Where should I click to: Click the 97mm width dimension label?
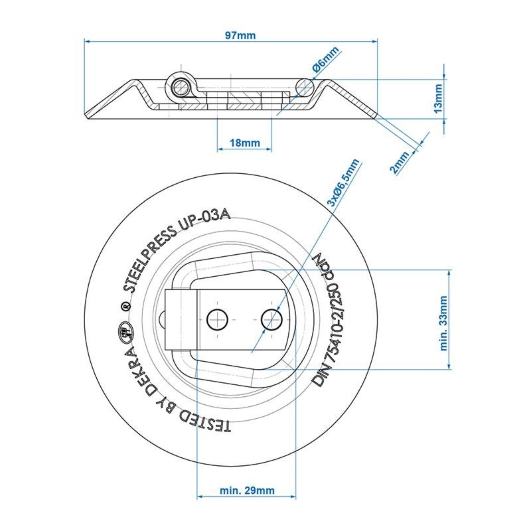click(240, 36)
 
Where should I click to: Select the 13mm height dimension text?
click(438, 98)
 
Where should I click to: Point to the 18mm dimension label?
click(245, 143)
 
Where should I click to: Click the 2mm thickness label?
click(400, 162)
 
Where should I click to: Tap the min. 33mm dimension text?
click(443, 323)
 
